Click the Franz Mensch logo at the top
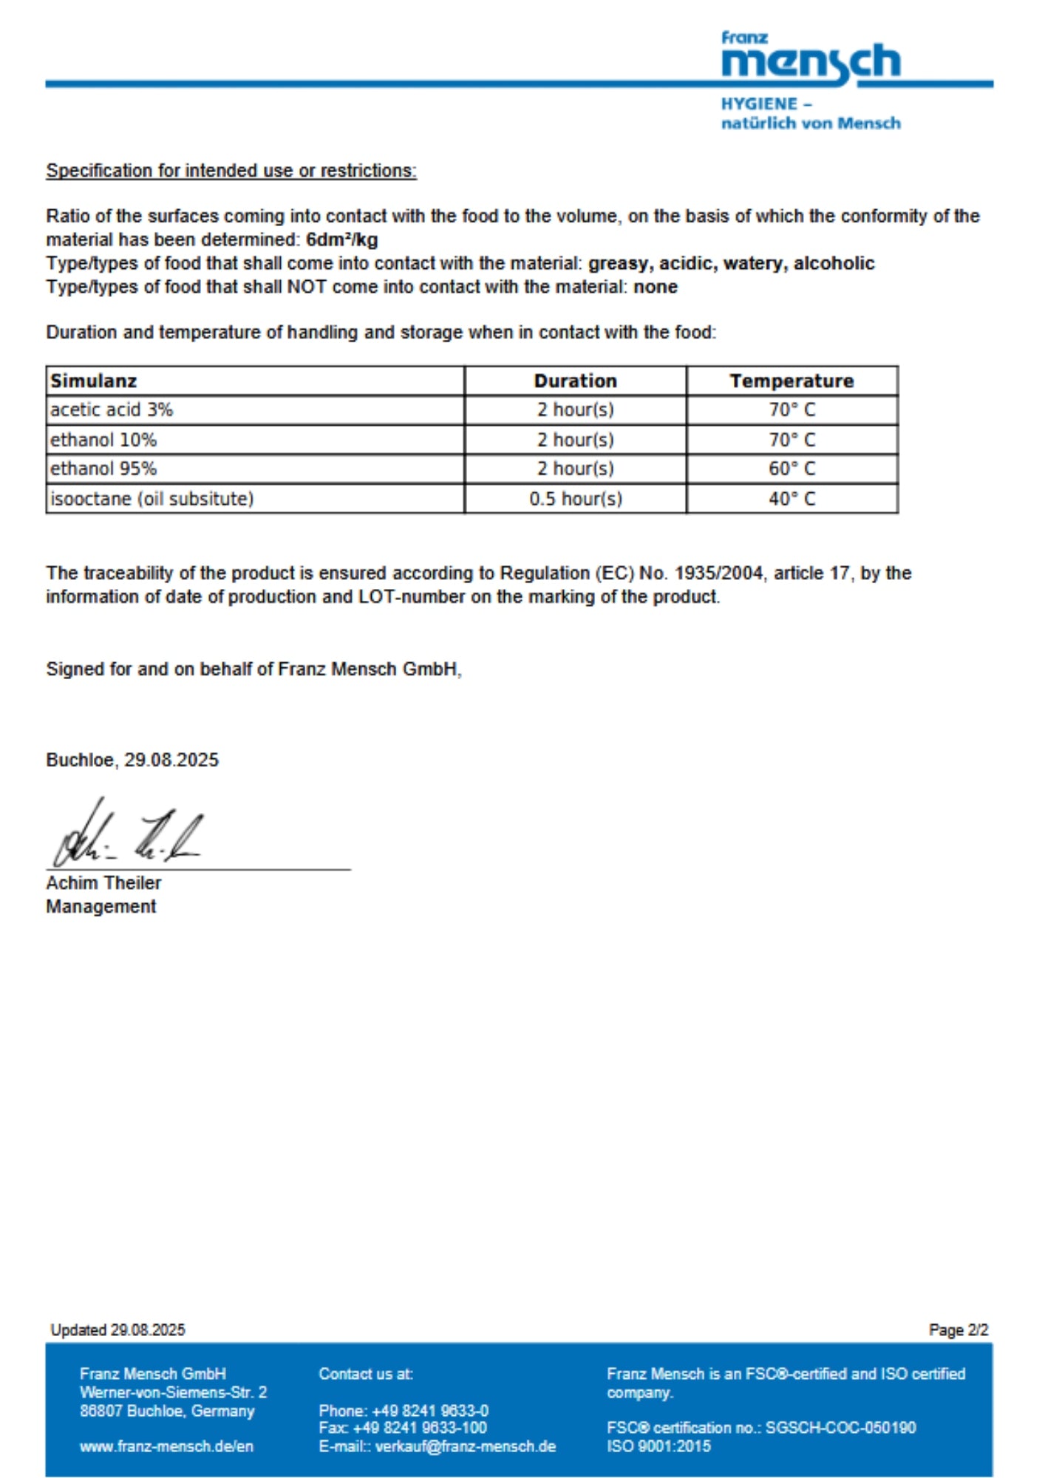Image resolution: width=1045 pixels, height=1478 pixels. (811, 59)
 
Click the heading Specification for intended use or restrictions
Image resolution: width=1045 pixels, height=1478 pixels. (231, 171)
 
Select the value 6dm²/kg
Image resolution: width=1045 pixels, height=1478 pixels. (341, 239)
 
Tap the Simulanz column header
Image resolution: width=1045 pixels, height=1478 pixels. (94, 381)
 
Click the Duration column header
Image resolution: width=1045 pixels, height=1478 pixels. (575, 381)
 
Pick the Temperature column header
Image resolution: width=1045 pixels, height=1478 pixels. (792, 381)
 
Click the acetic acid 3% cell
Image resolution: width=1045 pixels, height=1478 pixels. (112, 409)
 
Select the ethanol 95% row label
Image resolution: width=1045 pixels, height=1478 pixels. (103, 469)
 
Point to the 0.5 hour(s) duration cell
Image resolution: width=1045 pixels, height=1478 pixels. (575, 499)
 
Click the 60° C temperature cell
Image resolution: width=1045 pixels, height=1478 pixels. (792, 469)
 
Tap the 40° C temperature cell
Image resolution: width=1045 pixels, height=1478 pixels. (792, 499)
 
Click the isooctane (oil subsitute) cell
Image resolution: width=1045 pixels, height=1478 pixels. (152, 499)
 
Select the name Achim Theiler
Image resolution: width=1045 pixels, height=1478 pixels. (103, 882)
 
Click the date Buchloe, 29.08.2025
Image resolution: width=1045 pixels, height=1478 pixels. (132, 760)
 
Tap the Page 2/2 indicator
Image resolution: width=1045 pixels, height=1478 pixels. (958, 1330)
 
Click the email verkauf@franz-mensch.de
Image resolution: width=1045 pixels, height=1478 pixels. (466, 1446)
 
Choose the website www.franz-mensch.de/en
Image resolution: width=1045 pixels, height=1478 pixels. (166, 1446)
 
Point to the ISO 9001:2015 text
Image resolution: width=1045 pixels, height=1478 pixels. (658, 1446)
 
